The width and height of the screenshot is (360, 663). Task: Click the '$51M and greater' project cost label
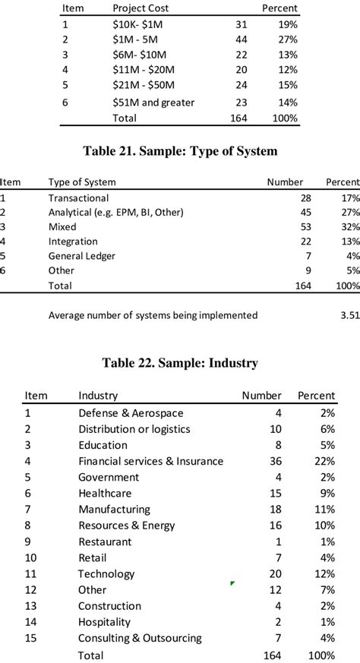tap(153, 103)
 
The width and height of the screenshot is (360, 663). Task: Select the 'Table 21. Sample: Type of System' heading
tap(180, 151)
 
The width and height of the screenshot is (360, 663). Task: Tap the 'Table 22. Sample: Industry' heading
tap(180, 363)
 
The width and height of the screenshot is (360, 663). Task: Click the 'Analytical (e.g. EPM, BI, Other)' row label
tap(116, 213)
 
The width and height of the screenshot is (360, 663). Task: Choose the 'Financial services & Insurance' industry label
tap(150, 461)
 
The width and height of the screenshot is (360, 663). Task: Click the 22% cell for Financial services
tap(324, 461)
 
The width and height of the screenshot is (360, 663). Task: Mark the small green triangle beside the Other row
tap(232, 583)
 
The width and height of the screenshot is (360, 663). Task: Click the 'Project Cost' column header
tap(141, 8)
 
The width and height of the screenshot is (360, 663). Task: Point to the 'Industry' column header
tap(98, 396)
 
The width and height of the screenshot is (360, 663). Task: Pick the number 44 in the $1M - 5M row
tap(242, 39)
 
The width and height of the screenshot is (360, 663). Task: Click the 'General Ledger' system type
tap(82, 256)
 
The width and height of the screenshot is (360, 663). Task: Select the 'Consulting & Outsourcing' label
tap(140, 638)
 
